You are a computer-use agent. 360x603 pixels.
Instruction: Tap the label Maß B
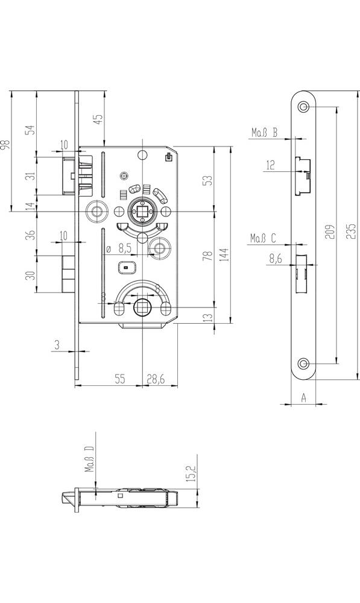(265, 133)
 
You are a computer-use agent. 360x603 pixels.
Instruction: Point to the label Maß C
(264, 238)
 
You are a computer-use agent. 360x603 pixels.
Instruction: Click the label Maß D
(89, 459)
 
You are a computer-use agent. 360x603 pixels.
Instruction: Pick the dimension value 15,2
(191, 473)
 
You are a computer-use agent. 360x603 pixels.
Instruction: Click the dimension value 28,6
(156, 379)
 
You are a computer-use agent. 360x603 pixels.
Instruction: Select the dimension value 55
(120, 379)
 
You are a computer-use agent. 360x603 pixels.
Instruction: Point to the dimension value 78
(207, 256)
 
